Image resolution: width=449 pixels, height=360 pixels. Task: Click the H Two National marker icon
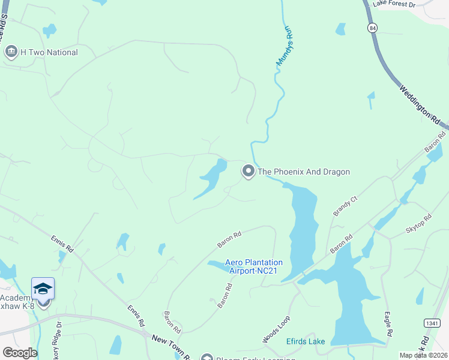tap(11, 52)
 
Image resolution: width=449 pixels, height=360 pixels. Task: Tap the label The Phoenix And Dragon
tap(303, 172)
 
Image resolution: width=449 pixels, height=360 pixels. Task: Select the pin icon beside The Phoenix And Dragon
tap(248, 172)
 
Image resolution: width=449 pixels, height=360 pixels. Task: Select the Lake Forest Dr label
tap(393, 4)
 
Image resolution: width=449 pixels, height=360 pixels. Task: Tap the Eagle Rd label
tap(389, 324)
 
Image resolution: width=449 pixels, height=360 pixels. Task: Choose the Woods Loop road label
tap(276, 329)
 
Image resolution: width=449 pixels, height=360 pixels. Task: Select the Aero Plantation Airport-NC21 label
tap(254, 266)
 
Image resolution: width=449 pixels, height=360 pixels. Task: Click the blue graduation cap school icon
tap(43, 289)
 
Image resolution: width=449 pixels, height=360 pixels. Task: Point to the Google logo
tap(20, 353)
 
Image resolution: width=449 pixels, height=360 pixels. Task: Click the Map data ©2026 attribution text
tap(423, 355)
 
